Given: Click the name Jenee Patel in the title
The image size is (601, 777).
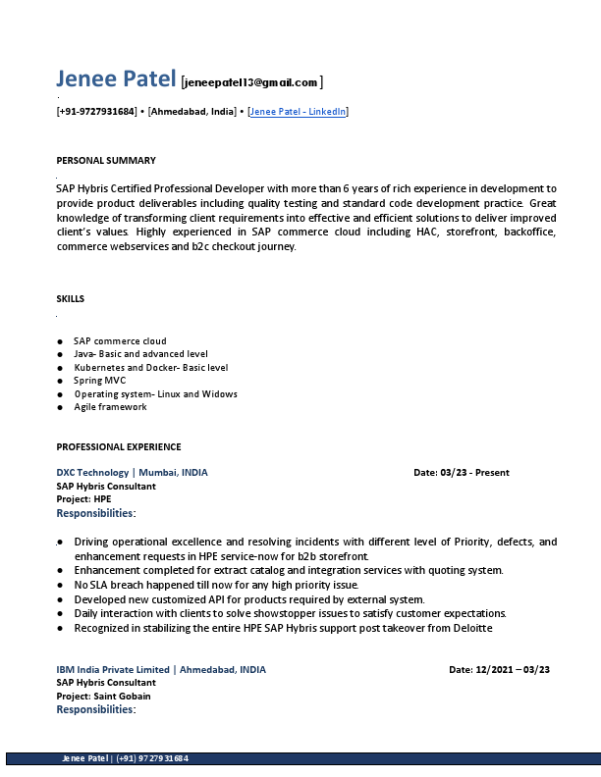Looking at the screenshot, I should (116, 79).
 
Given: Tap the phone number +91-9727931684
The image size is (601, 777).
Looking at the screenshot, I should (96, 112).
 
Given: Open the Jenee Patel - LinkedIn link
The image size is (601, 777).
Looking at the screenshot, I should (299, 112).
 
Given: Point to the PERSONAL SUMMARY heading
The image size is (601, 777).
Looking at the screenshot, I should (106, 160).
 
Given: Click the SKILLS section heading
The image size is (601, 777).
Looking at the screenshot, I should (71, 298).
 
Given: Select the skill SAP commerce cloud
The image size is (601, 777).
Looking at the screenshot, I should (120, 340).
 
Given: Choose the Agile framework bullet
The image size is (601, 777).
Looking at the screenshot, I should (110, 407).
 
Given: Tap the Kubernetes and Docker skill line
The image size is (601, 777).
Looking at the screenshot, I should (150, 367).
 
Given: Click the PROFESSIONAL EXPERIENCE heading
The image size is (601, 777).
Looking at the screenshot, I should (119, 446).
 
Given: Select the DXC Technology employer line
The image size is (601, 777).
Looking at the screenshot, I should (132, 472).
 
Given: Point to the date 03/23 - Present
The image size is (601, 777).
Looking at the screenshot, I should (462, 472).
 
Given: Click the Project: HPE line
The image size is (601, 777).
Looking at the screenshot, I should (83, 498).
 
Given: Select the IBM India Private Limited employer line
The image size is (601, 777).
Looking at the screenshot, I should (161, 669).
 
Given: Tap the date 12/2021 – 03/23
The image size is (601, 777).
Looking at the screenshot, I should (500, 669).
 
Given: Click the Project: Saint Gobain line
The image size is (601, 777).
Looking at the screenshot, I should (103, 696).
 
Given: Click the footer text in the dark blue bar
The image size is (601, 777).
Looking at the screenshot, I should (125, 758).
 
